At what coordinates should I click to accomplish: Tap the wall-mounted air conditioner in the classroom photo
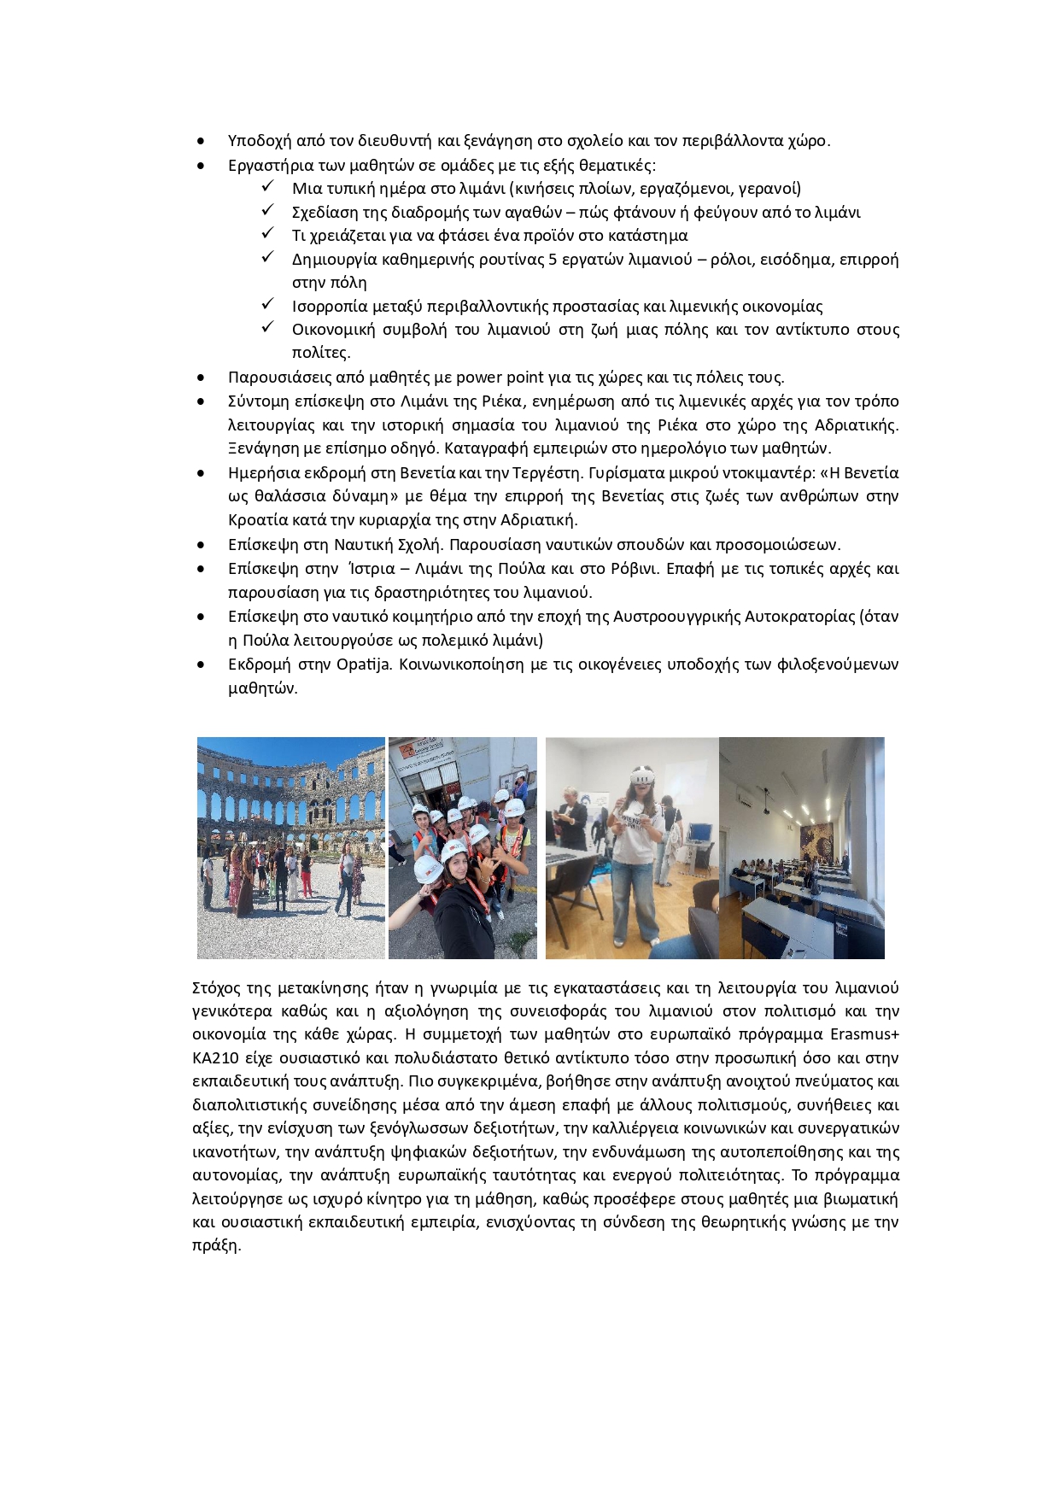[x=746, y=803]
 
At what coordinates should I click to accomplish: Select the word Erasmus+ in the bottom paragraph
[x=864, y=1034]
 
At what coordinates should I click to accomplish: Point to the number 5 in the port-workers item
[x=553, y=260]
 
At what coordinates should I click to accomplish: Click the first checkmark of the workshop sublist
[x=267, y=187]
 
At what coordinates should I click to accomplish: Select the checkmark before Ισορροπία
[x=267, y=305]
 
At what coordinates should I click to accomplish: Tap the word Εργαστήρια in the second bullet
[x=268, y=165]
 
